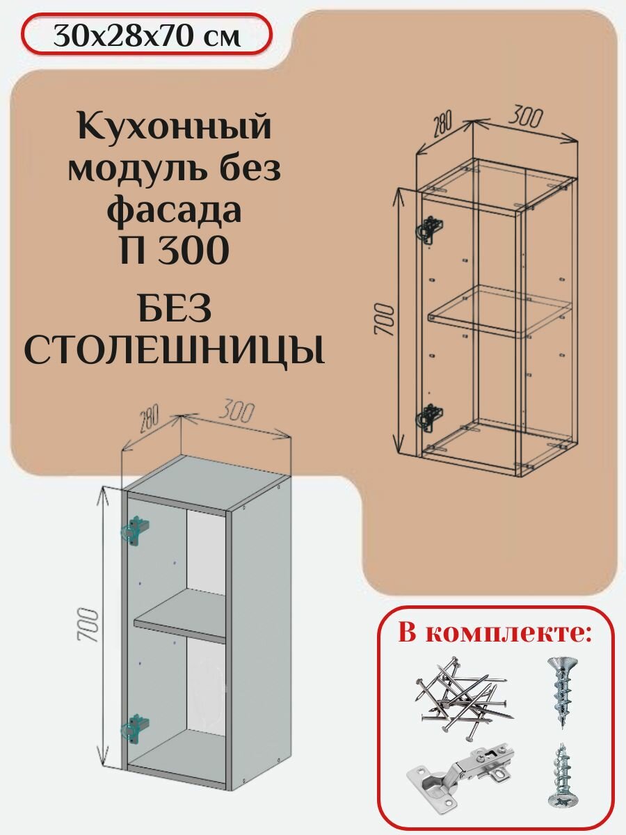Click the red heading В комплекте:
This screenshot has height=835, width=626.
click(x=495, y=634)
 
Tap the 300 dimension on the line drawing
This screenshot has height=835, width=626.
click(x=526, y=117)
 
